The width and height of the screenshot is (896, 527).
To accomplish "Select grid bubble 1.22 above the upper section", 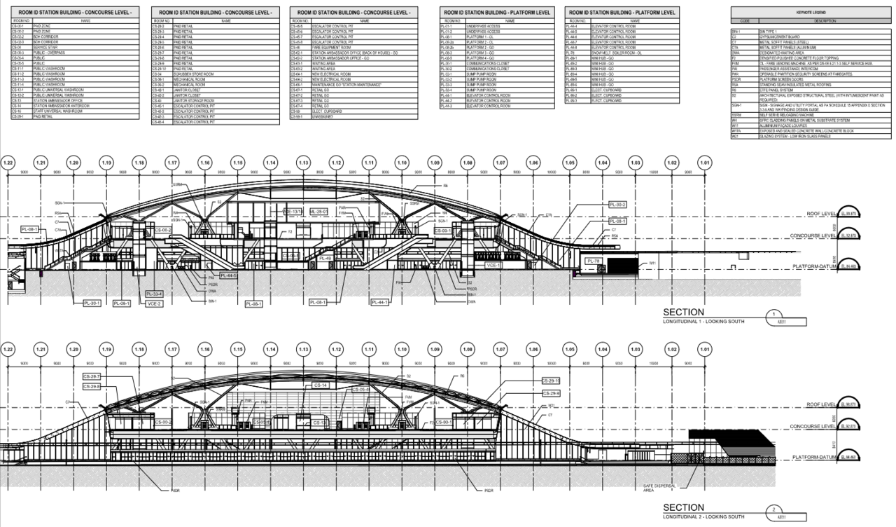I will tap(8, 163).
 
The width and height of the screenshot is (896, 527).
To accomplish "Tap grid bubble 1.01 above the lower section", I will tap(705, 349).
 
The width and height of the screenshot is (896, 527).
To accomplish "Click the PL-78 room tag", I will tap(594, 261).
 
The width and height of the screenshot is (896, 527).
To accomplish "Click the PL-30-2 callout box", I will tap(617, 205).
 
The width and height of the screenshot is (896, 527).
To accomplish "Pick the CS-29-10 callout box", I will tap(551, 381).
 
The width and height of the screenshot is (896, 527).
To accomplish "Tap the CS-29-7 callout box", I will tap(92, 376).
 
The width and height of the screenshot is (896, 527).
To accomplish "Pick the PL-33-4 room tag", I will tap(154, 294).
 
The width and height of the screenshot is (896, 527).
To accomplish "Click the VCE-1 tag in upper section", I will tap(494, 266).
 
